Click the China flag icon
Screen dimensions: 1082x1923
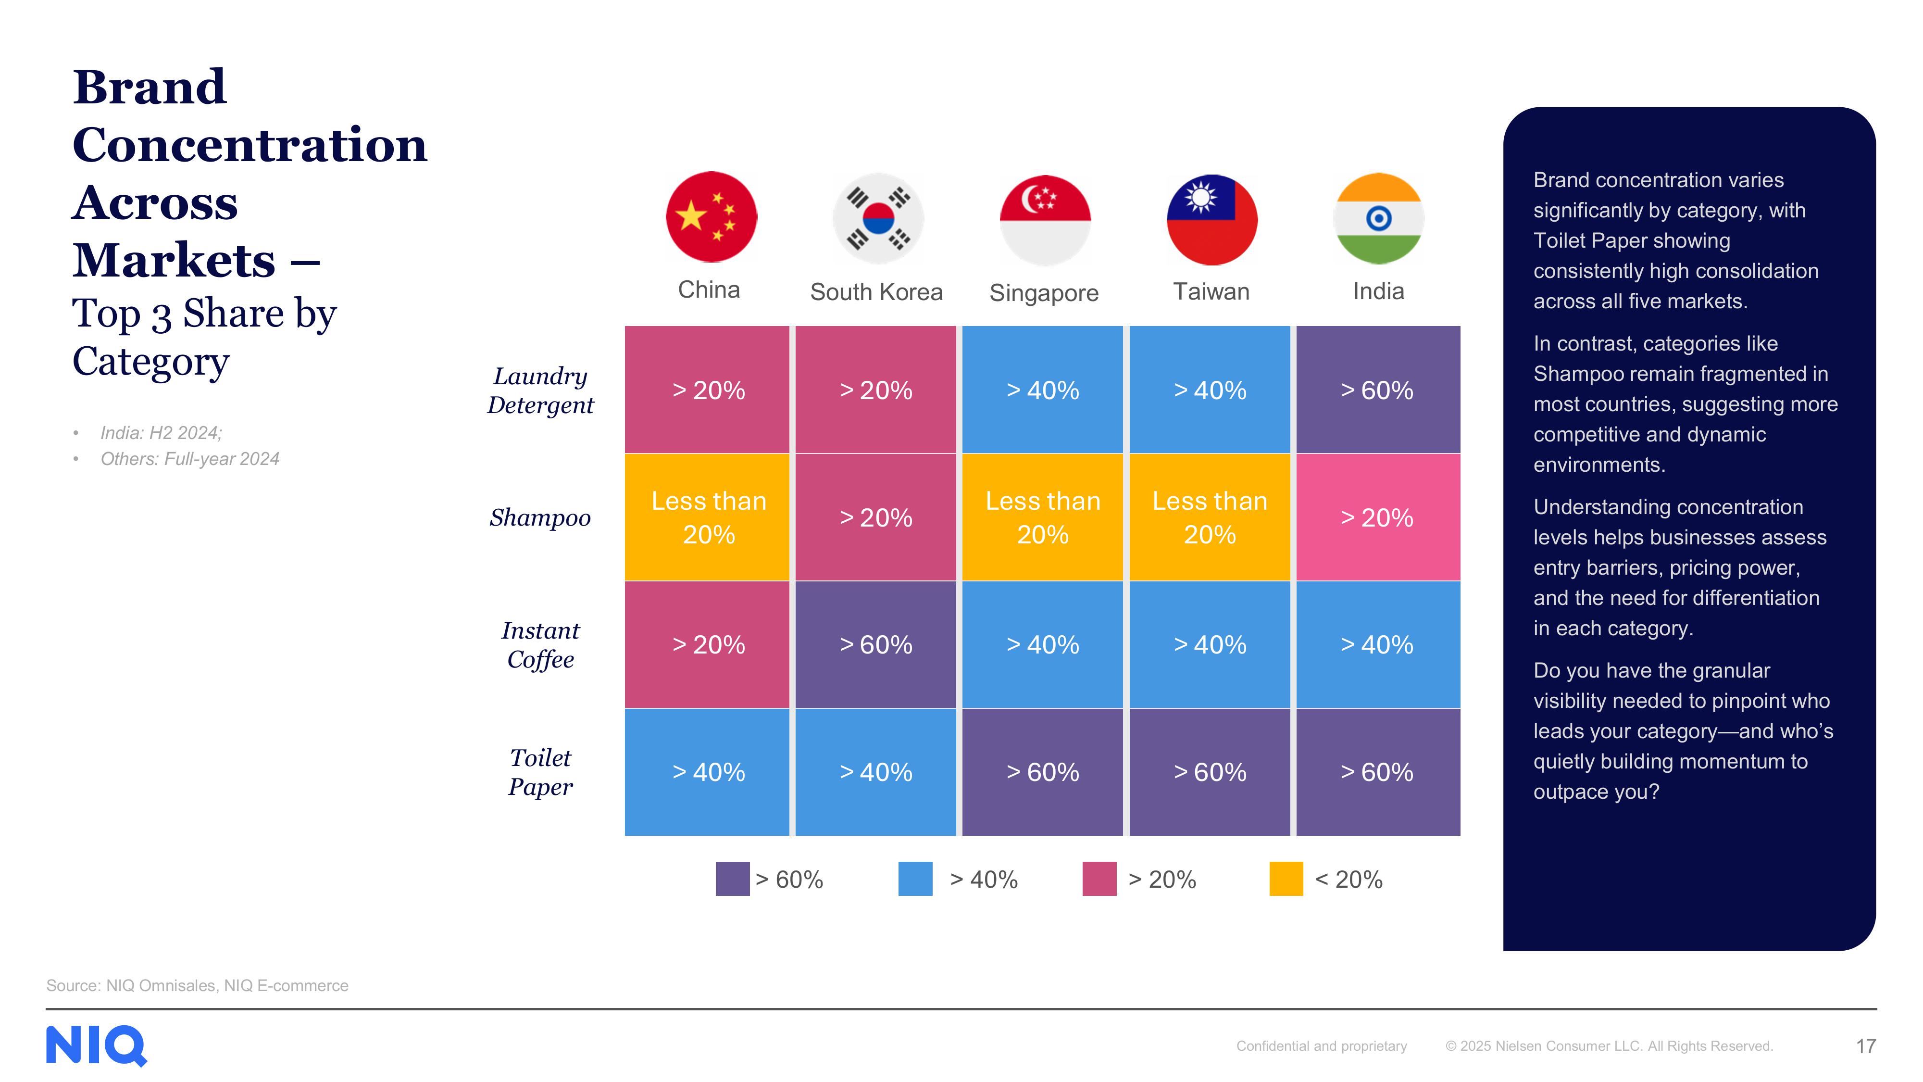coord(711,217)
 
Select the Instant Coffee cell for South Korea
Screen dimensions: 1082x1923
coord(875,644)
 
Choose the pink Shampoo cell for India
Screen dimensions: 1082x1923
coord(1377,517)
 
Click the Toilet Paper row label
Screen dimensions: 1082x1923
coord(540,772)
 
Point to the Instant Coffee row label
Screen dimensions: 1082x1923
coord(540,644)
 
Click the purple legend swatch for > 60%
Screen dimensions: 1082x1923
coord(732,879)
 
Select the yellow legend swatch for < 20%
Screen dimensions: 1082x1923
coord(1286,879)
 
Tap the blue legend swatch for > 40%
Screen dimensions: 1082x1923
coord(915,879)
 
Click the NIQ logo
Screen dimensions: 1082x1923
coord(96,1045)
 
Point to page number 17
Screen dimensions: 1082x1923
coord(1865,1046)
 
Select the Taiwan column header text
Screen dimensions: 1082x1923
coord(1211,291)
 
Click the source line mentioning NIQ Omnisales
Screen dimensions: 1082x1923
coord(197,986)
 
